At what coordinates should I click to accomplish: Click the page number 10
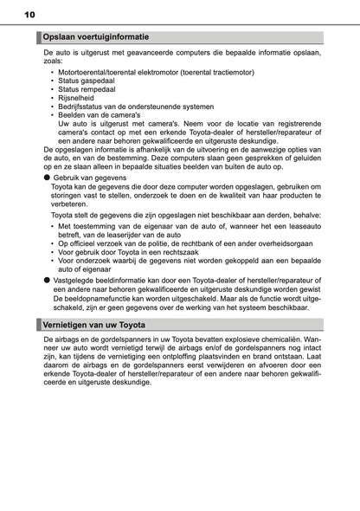point(30,15)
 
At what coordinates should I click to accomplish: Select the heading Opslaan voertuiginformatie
point(96,37)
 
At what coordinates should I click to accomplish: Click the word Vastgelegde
point(76,281)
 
